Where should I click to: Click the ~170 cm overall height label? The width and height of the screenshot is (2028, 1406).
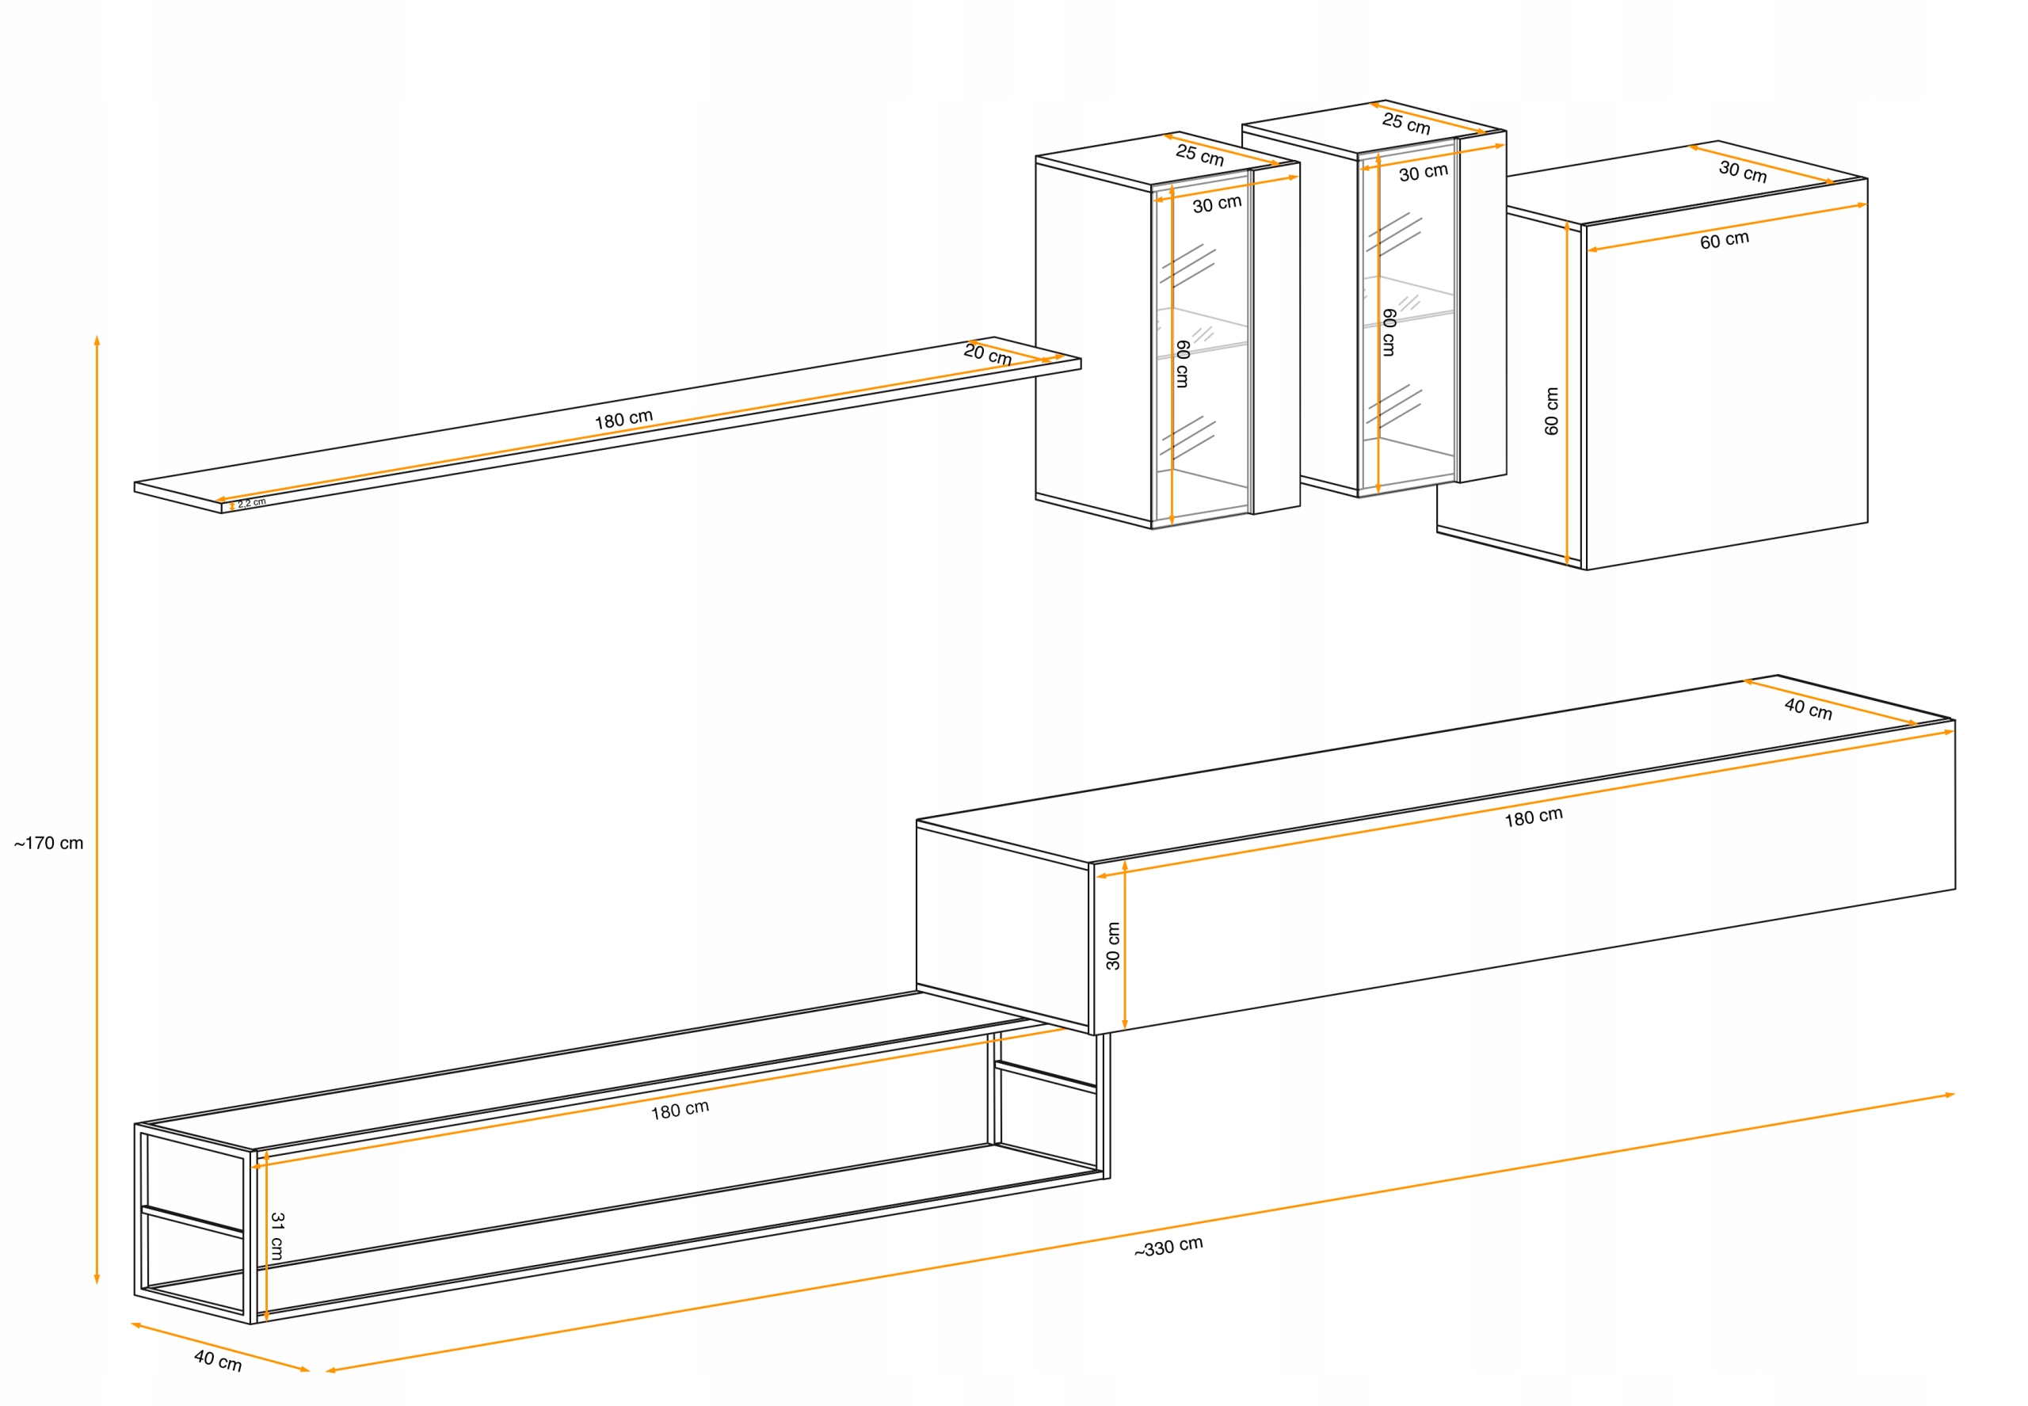point(48,843)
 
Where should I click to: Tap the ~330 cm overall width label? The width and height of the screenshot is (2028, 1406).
point(1168,1247)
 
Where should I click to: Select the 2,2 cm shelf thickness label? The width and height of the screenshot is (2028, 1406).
point(251,503)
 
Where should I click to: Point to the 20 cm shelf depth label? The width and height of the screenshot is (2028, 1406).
point(987,354)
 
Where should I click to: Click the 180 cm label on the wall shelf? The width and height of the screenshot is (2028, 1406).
point(623,419)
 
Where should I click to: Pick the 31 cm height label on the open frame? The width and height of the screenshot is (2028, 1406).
point(277,1235)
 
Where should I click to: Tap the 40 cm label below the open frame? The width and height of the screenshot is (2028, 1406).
point(218,1360)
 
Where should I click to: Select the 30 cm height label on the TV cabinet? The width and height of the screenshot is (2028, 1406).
point(1113,946)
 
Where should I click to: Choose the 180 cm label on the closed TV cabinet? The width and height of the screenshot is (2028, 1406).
point(1533,817)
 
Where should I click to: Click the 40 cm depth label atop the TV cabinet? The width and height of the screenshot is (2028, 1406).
point(1808,709)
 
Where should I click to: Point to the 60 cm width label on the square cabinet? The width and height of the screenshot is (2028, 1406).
point(1724,241)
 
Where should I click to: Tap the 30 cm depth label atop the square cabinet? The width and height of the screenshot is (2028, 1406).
point(1742,172)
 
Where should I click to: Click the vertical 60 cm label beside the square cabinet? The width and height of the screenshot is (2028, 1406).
point(1551,410)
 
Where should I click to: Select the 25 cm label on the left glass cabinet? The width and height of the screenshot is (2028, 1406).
point(1199,156)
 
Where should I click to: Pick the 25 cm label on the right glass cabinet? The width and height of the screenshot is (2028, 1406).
point(1405,124)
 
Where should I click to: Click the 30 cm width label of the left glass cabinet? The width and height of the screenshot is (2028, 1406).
point(1217,204)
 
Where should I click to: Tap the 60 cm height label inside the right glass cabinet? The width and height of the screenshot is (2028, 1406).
point(1389,332)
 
